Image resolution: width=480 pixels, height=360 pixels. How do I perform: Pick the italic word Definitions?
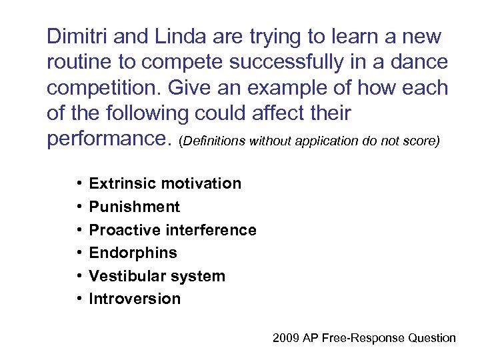click(x=215, y=142)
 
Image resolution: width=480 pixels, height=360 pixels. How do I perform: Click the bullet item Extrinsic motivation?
click(x=165, y=183)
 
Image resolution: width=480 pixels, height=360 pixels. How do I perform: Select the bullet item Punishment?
click(x=134, y=207)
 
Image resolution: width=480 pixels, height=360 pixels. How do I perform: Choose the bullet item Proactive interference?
click(x=172, y=230)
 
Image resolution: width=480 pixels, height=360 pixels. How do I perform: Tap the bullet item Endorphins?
click(x=133, y=253)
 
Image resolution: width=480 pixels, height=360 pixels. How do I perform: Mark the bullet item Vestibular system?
click(x=157, y=276)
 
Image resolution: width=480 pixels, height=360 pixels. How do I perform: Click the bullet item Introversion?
click(x=135, y=299)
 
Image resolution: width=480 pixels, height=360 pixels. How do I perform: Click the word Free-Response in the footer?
click(x=364, y=338)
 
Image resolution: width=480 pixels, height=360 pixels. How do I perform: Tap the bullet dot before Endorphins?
click(x=79, y=253)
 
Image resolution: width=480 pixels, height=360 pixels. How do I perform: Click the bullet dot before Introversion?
click(x=79, y=299)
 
